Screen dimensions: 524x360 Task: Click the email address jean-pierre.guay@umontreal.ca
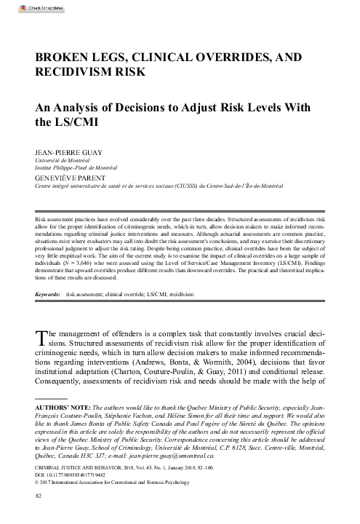pos(240,455)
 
